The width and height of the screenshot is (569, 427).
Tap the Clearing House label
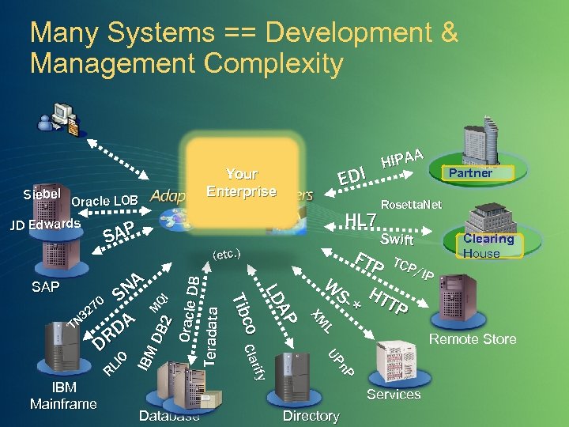pos(488,246)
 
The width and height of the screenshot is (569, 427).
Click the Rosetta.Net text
pos(411,205)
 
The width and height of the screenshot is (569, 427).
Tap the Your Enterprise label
pos(241,183)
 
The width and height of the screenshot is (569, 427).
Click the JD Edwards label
pos(45,225)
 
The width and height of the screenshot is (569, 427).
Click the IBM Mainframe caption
pos(63,396)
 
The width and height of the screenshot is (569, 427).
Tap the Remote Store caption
pos(473,339)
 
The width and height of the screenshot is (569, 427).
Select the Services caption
pos(394,395)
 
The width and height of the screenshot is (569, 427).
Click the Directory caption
pos(311,416)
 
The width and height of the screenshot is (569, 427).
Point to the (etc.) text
pos(227,255)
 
